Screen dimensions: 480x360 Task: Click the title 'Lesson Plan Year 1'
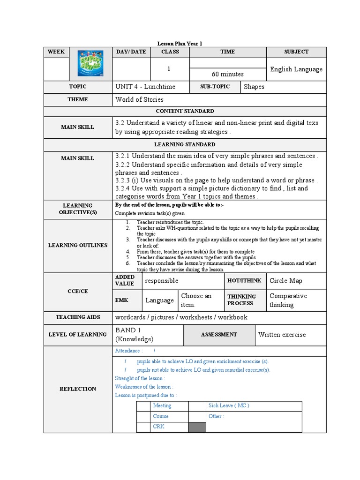[180, 43]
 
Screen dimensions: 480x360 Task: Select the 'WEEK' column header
[56, 52]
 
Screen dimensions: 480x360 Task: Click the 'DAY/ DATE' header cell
[131, 52]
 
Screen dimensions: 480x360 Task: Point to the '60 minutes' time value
[228, 74]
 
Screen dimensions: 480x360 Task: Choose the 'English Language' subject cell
[296, 69]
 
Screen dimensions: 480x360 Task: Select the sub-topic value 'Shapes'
[254, 87]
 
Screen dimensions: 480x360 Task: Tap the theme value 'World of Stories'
[139, 99]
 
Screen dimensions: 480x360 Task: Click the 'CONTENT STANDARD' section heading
[185, 111]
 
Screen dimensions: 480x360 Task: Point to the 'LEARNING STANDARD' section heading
[185, 144]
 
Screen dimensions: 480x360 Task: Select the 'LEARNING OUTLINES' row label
[78, 245]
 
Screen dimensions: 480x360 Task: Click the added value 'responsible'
[162, 281]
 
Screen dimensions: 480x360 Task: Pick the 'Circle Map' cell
[286, 281]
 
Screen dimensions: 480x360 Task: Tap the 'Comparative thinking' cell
[288, 300]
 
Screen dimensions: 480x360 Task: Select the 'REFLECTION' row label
[78, 389]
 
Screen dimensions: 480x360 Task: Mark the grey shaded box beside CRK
[197, 427]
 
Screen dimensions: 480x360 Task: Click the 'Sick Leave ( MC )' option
[229, 405]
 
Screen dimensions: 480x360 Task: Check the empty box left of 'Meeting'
[143, 406]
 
